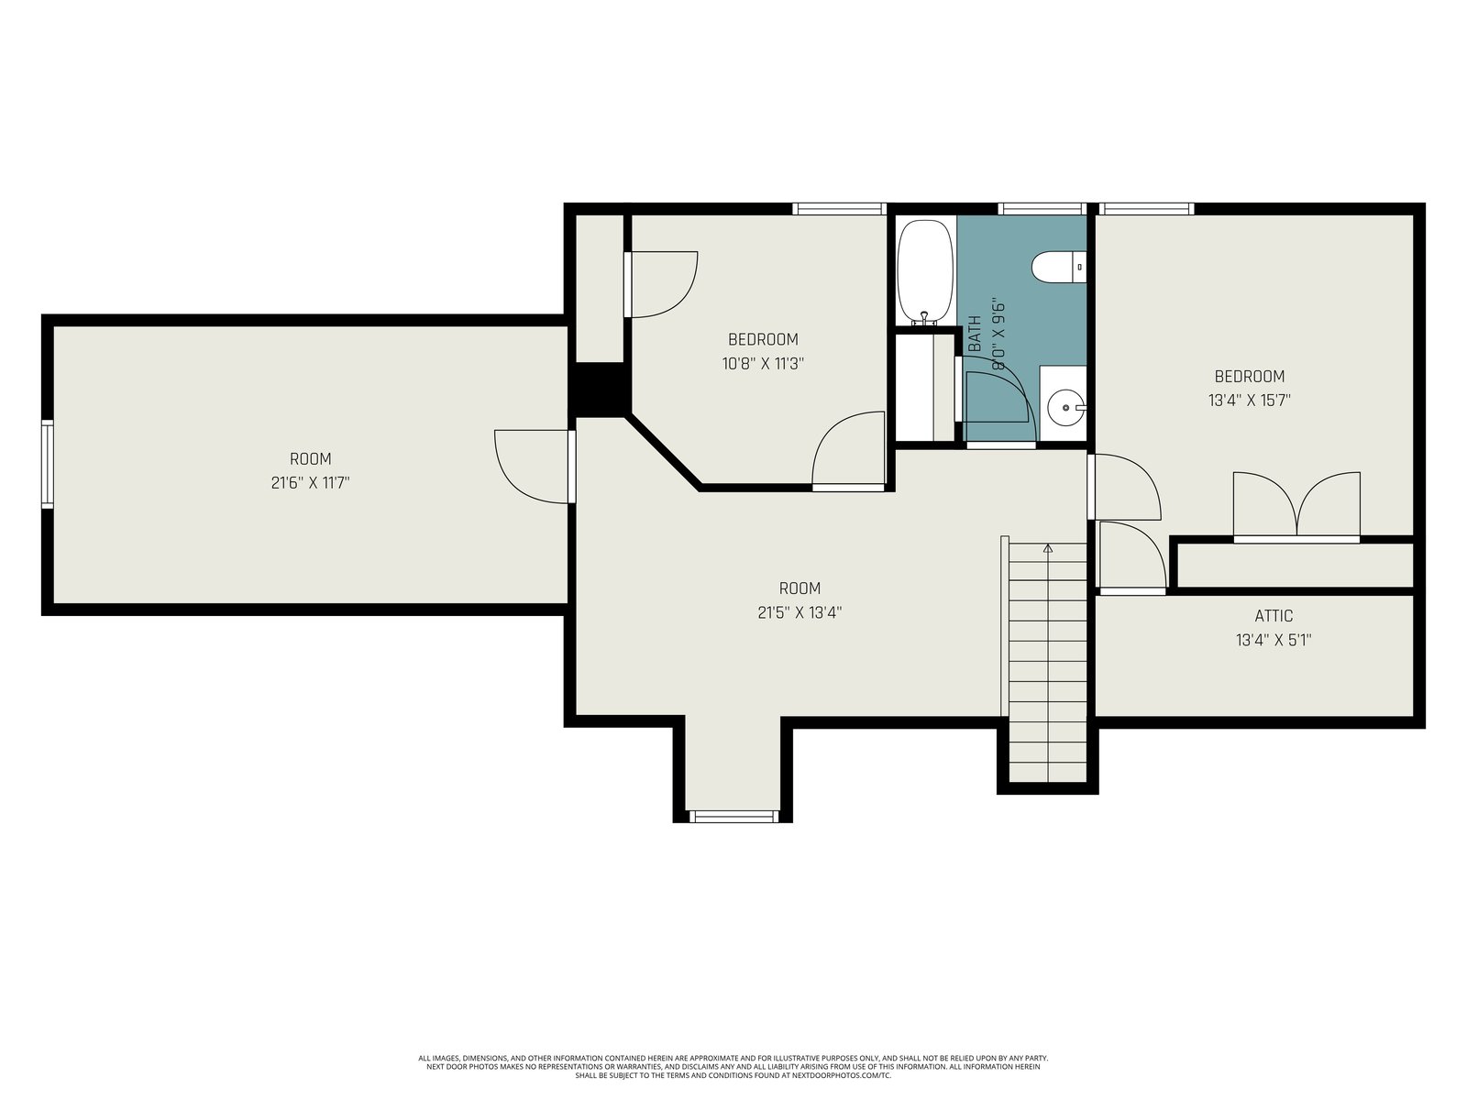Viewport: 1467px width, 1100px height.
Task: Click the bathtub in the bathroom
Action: (925, 272)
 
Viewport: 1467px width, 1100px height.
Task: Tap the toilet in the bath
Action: (1059, 267)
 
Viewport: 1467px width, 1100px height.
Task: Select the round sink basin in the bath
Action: (1065, 407)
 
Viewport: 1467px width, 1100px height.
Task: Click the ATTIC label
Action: (1274, 616)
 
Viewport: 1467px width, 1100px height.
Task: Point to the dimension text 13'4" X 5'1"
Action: (1274, 640)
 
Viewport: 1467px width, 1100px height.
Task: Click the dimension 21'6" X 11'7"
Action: (310, 482)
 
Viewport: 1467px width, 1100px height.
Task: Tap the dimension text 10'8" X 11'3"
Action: (763, 363)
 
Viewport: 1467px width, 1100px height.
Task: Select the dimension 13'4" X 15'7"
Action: (1249, 400)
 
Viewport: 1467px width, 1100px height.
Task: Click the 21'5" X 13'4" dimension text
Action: (800, 612)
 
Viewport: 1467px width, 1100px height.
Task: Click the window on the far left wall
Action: (48, 464)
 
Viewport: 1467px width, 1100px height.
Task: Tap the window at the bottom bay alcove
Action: (733, 816)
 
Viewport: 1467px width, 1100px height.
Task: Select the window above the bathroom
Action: (1042, 209)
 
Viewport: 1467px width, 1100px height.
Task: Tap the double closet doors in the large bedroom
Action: (1296, 507)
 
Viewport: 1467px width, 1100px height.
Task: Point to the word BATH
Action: (975, 334)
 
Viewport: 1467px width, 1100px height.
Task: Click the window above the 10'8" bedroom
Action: (839, 209)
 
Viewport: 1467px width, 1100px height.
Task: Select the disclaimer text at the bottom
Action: (733, 1066)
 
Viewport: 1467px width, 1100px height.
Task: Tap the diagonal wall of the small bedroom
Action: (663, 453)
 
